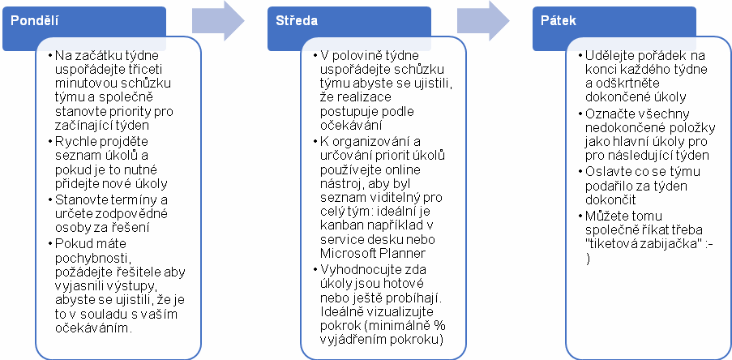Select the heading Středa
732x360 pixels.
coord(297,21)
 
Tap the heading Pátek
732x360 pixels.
coord(559,21)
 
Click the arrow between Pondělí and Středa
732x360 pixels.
coord(218,21)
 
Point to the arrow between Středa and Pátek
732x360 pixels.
coord(483,21)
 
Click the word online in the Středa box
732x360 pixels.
coord(404,169)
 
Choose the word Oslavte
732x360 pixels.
coord(605,171)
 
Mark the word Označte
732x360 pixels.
coord(606,114)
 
